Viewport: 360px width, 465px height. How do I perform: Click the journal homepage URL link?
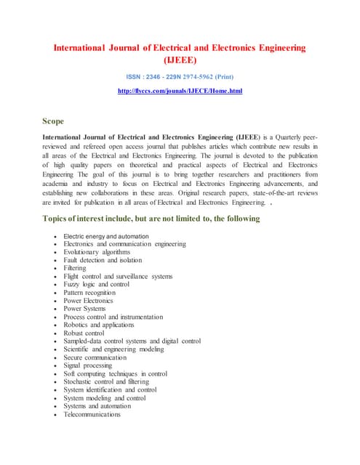[180, 91]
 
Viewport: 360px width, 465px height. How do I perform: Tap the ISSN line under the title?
[180, 77]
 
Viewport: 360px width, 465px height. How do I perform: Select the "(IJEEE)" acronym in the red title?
[180, 61]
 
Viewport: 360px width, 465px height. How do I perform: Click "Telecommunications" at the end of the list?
[92, 414]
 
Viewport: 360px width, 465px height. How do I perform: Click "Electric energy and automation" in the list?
[106, 236]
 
